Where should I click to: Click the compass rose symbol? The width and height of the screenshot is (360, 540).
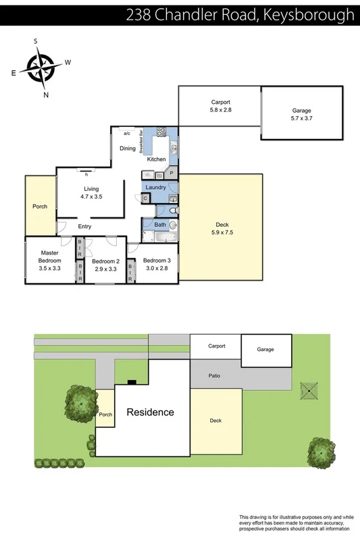41,67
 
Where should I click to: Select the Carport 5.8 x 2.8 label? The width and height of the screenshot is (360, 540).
221,105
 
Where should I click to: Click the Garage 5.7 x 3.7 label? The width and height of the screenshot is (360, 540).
302,113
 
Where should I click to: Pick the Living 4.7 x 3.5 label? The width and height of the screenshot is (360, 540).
91,193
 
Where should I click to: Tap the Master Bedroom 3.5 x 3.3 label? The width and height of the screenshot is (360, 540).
49,260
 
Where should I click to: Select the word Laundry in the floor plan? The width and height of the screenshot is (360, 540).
155,187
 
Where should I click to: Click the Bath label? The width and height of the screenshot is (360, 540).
160,225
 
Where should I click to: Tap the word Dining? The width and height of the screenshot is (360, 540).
128,148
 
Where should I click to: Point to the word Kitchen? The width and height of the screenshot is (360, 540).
157,159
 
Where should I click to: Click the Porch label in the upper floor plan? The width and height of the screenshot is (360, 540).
40,207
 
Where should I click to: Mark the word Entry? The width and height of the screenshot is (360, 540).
84,227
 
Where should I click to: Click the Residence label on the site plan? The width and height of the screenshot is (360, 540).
151,412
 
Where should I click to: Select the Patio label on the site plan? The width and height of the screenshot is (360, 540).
215,375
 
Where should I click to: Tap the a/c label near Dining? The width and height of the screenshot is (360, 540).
126,133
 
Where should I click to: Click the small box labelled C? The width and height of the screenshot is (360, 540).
145,198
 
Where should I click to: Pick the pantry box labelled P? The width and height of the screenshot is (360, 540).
172,173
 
